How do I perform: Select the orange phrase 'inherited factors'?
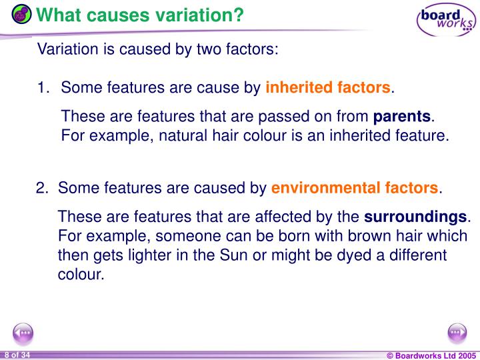[328, 88]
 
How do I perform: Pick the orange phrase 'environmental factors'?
[355, 188]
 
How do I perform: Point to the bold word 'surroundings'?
[416, 217]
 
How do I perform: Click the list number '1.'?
[44, 88]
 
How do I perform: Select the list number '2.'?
[43, 188]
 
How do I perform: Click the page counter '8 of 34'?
[17, 354]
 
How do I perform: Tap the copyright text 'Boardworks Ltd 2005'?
[434, 355]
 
